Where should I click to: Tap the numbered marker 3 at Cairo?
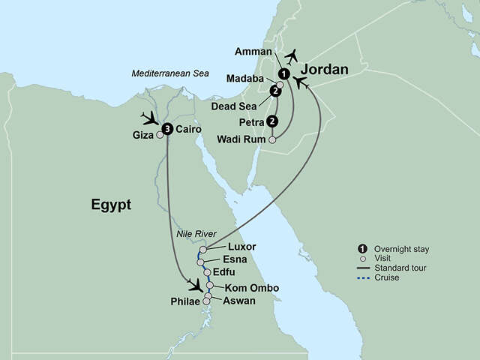(167, 129)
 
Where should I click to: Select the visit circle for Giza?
(159, 136)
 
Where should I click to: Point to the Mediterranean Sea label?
(169, 73)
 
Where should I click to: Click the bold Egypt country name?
(111, 203)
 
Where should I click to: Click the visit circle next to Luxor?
(203, 249)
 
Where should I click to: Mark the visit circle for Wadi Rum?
(272, 139)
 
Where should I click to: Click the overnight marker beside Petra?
(271, 121)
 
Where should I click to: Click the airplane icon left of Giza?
(150, 119)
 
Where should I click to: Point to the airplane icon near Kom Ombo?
(196, 285)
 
